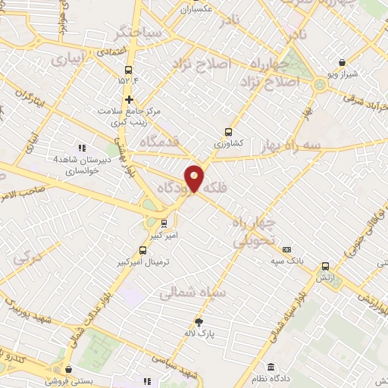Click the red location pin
(194, 177)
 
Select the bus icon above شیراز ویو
(343, 63)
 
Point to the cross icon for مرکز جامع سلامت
(130, 99)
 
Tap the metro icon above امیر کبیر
(164, 223)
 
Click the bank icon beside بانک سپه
(287, 249)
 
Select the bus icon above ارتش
(326, 266)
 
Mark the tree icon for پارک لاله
(199, 321)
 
